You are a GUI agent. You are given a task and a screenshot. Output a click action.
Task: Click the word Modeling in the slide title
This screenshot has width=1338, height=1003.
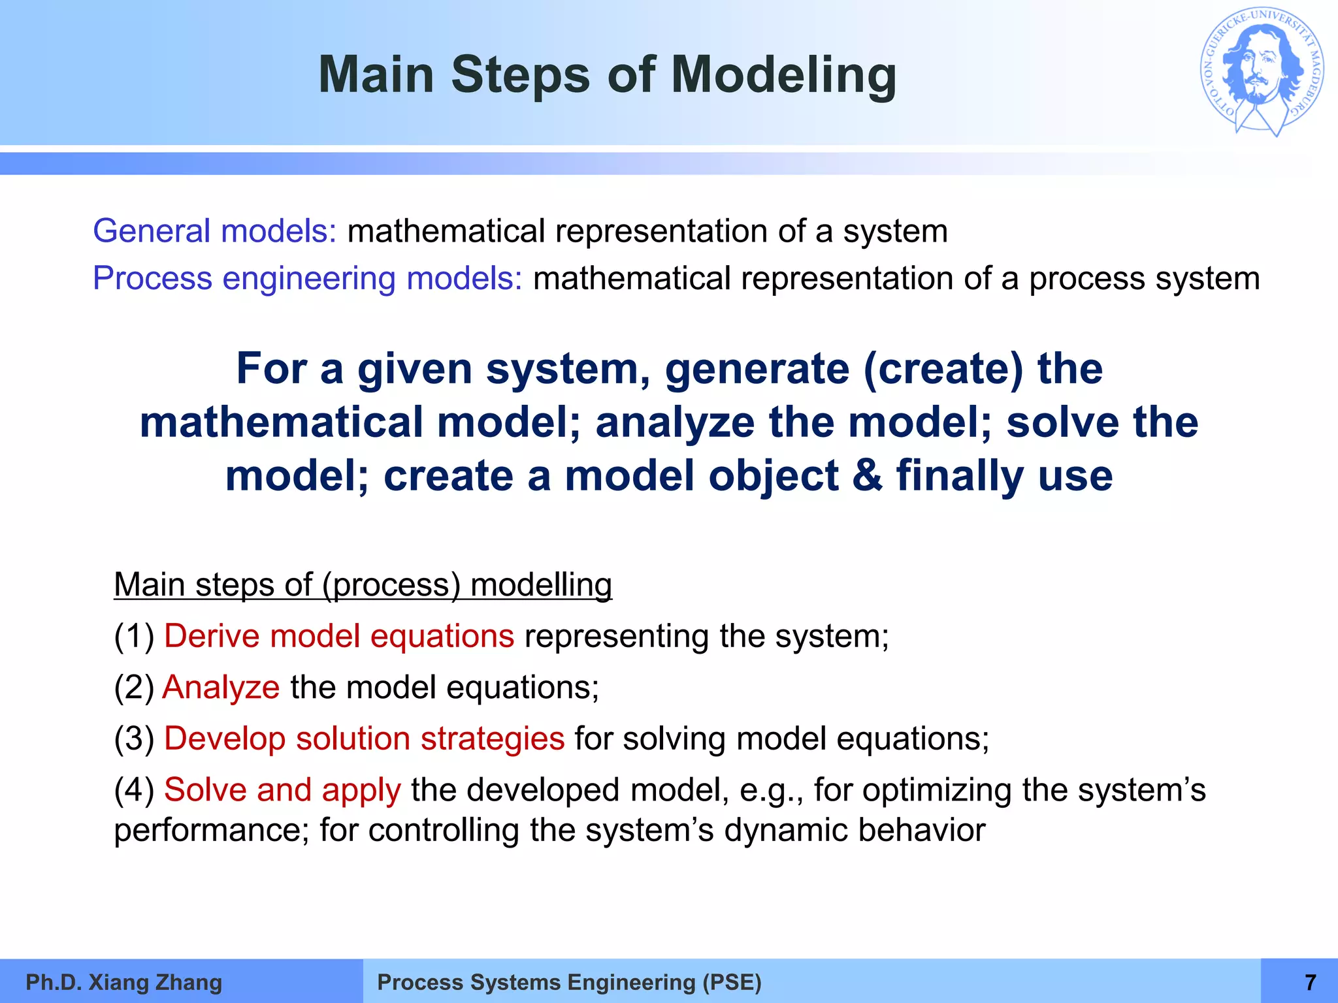coord(783,75)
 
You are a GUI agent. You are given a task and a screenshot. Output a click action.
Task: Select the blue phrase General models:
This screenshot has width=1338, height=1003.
coord(214,231)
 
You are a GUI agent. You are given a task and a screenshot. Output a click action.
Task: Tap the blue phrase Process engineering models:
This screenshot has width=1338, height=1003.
coord(307,279)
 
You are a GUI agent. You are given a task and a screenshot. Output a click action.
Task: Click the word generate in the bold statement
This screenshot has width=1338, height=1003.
coord(757,369)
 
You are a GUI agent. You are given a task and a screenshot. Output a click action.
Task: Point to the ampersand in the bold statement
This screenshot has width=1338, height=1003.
coord(867,475)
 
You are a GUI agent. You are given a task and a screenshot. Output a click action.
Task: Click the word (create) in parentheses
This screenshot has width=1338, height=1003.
coord(943,369)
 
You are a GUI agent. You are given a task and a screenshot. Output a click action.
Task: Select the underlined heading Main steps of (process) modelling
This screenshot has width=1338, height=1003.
coord(363,584)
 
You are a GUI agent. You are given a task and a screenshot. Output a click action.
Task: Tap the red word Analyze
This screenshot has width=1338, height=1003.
coord(221,688)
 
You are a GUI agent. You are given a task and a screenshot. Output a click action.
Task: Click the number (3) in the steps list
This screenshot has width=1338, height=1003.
coord(134,739)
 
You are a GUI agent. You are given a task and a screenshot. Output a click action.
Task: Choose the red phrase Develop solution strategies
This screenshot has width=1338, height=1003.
coord(364,739)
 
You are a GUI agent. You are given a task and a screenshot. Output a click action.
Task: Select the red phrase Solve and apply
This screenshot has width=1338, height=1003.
coord(282,790)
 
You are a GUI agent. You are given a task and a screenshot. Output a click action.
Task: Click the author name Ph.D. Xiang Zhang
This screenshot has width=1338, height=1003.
coord(123,982)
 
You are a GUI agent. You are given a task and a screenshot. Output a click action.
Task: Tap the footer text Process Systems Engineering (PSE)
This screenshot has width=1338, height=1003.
coord(569,982)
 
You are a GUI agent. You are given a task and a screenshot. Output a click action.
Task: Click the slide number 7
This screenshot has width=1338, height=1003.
coord(1309,982)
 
